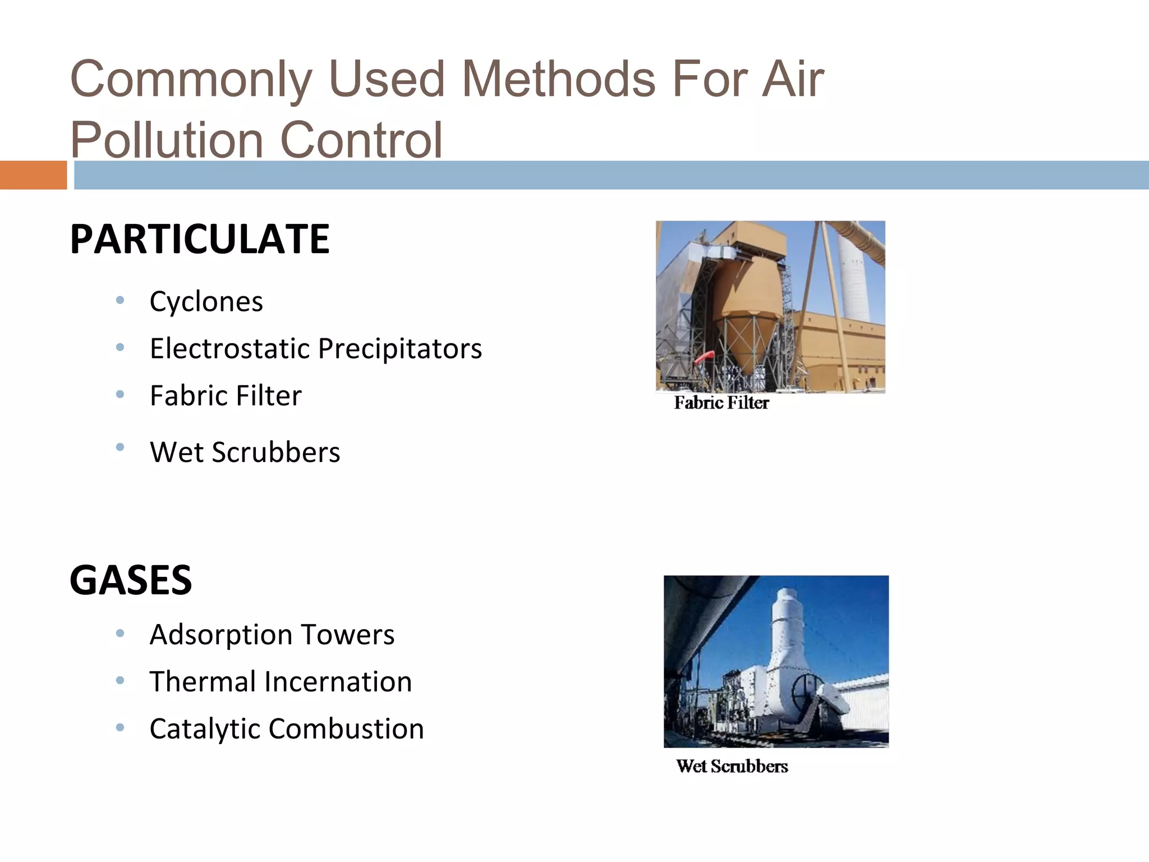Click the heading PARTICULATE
point(199,239)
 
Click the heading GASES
point(131,580)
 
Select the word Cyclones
point(206,302)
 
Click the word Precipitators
point(399,349)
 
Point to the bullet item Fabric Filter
point(226,396)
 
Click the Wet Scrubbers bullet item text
point(245,452)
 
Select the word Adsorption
point(220,635)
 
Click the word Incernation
point(338,682)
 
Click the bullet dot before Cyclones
point(120,301)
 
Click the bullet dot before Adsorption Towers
point(120,634)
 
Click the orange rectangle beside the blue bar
point(33,175)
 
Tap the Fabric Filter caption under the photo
point(721,403)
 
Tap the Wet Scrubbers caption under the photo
point(732,767)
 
